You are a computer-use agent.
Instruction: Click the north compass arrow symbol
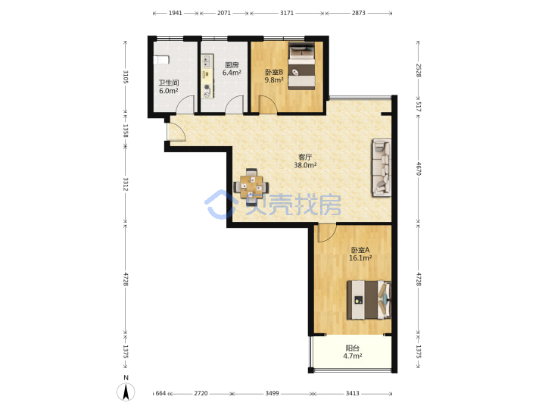(x=126, y=392)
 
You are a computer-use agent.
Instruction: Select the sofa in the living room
(x=382, y=167)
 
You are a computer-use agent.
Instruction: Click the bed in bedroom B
(x=302, y=66)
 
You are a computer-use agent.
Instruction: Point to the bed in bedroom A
(x=369, y=300)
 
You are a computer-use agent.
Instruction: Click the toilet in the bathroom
(x=162, y=60)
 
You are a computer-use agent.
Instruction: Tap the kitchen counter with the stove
(x=207, y=76)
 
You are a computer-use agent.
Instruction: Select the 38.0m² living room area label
(x=305, y=166)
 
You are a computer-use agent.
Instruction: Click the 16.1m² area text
(x=360, y=258)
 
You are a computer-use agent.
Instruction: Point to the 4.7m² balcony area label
(x=353, y=356)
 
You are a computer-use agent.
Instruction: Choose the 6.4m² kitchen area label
(x=232, y=73)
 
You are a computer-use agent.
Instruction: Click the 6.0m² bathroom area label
(x=169, y=91)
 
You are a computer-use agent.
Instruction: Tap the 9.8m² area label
(x=274, y=80)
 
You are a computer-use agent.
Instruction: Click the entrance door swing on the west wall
(x=176, y=133)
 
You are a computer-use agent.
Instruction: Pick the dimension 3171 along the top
(x=287, y=13)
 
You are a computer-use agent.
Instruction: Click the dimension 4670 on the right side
(x=419, y=169)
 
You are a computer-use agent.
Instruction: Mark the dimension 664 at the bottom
(x=160, y=393)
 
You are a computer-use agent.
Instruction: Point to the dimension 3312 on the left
(x=126, y=184)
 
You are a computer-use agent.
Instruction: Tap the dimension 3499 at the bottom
(x=272, y=393)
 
